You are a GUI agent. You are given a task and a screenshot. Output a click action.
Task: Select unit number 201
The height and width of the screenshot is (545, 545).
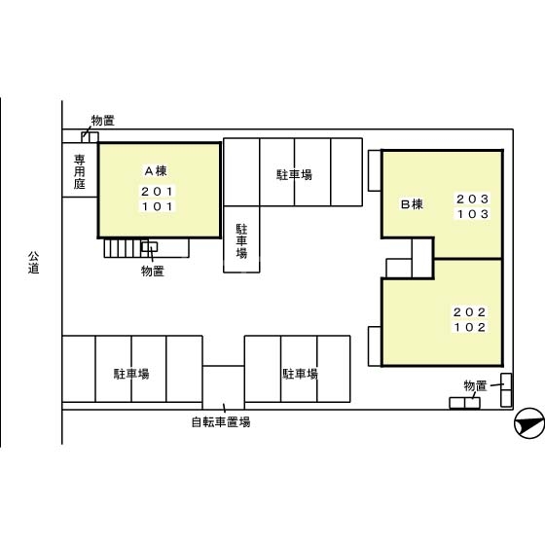tap(158, 191)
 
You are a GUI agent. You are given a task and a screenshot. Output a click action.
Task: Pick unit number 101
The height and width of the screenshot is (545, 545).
tap(158, 206)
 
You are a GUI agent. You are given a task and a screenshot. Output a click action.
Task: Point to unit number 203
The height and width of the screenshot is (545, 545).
tap(472, 199)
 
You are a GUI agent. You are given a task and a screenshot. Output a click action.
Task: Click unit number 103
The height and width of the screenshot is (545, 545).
tap(472, 214)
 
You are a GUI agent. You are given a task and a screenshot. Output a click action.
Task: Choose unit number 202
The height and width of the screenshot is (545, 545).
tap(469, 311)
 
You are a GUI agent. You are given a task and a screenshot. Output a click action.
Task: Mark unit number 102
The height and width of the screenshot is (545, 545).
tap(469, 327)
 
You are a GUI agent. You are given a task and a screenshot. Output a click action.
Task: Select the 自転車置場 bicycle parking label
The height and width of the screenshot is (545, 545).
tap(221, 422)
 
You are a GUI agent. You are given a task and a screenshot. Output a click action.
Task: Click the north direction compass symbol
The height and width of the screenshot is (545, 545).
tap(527, 422)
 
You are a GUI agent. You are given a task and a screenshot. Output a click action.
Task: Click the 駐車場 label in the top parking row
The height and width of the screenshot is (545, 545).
tap(294, 175)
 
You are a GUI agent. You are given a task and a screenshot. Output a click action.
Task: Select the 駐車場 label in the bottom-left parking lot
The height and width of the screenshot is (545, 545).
tap(131, 374)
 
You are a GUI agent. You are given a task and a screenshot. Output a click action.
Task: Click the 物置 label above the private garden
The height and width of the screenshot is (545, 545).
tap(102, 121)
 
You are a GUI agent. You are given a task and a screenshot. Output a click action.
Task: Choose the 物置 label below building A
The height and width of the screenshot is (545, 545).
tap(152, 271)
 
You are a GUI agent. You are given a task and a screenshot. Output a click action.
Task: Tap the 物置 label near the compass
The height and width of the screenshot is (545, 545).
tap(475, 386)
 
